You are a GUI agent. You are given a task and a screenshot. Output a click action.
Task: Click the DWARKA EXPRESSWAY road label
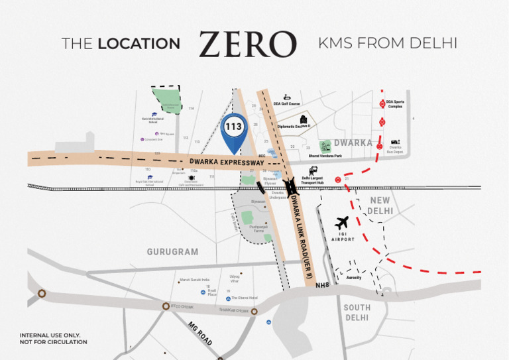coord(227,162)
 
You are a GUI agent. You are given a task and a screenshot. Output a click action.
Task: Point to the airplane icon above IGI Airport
coord(343,223)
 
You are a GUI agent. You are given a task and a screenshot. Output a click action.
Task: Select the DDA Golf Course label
coord(287,103)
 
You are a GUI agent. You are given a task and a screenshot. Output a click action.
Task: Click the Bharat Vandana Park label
coord(325,156)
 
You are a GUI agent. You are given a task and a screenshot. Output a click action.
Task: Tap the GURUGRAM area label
coord(172,252)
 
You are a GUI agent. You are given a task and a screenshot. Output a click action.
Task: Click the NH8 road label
coord(322,285)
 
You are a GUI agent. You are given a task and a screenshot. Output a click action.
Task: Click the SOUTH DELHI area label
coord(357,312)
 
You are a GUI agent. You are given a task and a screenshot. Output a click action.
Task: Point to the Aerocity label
coord(354,277)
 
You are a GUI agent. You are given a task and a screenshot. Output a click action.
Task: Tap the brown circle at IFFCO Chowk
coord(166,306)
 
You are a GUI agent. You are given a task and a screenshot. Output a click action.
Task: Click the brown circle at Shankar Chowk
coord(254,310)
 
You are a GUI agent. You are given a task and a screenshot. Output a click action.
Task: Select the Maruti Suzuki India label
coord(194,280)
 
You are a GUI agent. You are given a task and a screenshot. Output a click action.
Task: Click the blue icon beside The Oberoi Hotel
coord(227,298)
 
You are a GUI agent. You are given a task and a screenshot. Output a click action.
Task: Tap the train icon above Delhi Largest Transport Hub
coord(312,170)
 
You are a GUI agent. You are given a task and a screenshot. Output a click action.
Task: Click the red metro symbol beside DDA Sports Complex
coord(382,103)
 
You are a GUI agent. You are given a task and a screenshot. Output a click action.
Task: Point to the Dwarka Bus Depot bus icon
coord(395,142)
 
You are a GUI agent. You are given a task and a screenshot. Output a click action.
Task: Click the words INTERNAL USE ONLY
coord(53,335)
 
